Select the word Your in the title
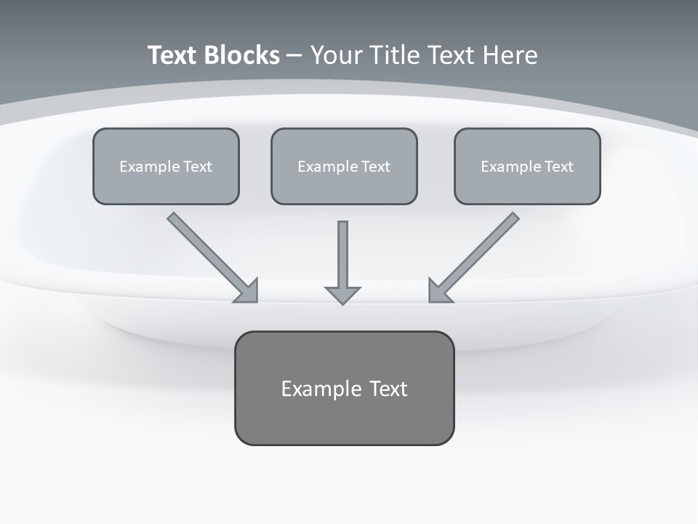tap(337, 55)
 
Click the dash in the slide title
tap(294, 55)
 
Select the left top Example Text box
tap(166, 166)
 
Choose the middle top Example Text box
tap(344, 166)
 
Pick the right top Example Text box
tap(527, 166)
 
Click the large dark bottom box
tap(344, 388)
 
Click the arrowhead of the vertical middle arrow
tap(342, 294)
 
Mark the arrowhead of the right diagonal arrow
tap(438, 292)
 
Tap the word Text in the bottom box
tap(388, 389)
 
